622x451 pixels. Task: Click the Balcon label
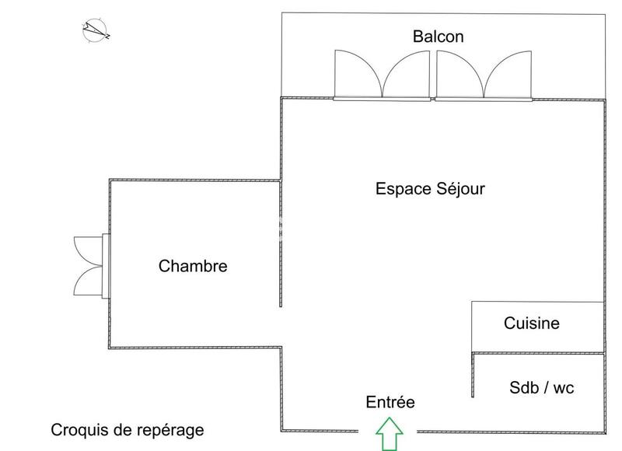439,36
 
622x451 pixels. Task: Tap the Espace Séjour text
430,189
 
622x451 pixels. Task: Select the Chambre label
193,266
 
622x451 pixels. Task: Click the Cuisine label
531,323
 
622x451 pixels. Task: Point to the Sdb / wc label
541,387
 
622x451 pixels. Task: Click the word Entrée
390,402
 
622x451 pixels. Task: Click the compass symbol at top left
96,30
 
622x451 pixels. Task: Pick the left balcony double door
381,75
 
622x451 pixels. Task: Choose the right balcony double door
484,75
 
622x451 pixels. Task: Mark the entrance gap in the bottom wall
387,432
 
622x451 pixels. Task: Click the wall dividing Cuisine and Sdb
536,354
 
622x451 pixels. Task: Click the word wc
563,387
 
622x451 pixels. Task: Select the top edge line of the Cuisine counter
536,302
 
